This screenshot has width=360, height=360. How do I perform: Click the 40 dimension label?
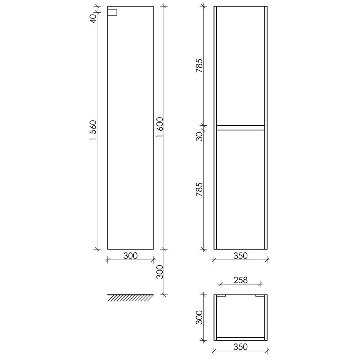point(93,19)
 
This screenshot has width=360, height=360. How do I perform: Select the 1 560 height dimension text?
point(93,130)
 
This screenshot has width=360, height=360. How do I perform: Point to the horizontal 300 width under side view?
point(130,256)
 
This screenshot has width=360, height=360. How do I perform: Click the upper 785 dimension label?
point(199,66)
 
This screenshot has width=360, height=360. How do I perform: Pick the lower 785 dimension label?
point(199,189)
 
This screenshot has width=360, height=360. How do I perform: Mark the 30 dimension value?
point(199,136)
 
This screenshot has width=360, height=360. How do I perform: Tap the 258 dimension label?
point(240,280)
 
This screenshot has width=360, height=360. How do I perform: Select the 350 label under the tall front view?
point(240,256)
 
